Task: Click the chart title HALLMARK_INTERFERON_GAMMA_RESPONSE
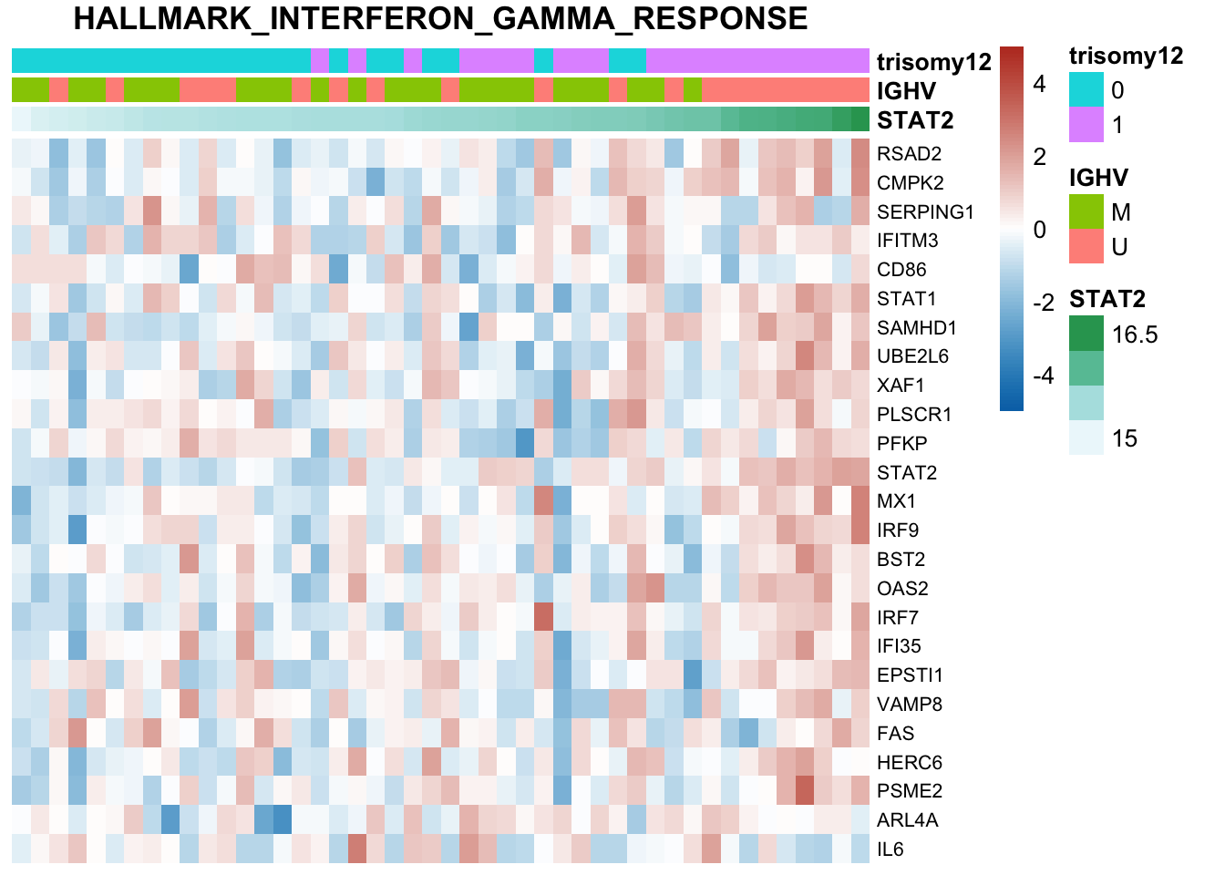point(440,19)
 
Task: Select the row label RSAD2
point(909,154)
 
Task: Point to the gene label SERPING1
point(925,212)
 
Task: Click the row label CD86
point(901,270)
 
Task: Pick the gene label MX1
point(897,501)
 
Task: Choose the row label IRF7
point(898,618)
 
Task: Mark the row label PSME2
point(910,791)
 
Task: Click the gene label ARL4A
point(907,820)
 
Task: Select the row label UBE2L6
point(912,356)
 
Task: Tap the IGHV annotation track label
point(906,91)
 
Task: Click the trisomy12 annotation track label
point(933,62)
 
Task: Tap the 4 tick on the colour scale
point(1039,84)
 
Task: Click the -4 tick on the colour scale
point(1043,376)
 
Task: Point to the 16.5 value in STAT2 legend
point(1135,335)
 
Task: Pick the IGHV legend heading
point(1098,178)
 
